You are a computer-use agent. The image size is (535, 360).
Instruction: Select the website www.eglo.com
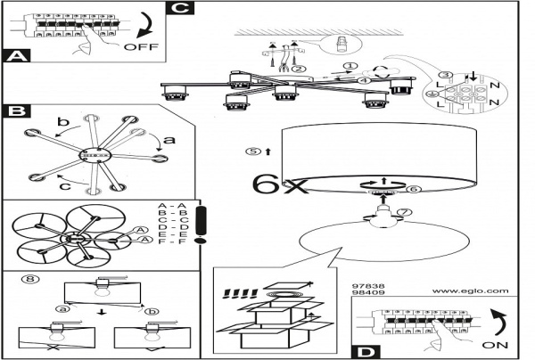click(x=469, y=290)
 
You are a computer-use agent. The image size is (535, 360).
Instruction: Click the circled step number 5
click(x=255, y=151)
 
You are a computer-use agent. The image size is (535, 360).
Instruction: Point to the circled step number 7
click(x=404, y=211)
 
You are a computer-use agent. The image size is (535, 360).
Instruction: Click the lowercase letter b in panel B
click(x=62, y=122)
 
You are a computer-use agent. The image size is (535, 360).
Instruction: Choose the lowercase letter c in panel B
click(x=62, y=185)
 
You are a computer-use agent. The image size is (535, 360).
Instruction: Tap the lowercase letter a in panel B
click(x=172, y=140)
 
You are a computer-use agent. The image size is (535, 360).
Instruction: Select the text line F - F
click(x=171, y=241)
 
